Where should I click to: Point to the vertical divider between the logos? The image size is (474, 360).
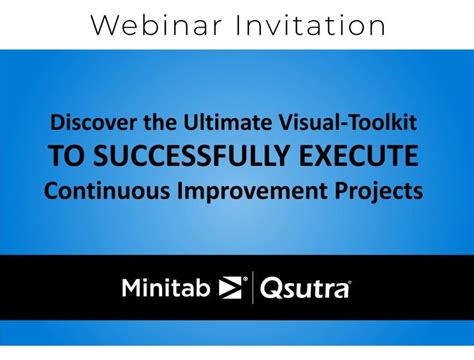[x=251, y=289]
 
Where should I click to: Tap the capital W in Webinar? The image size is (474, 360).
[x=102, y=25]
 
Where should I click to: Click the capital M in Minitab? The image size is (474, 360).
[x=131, y=289]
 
